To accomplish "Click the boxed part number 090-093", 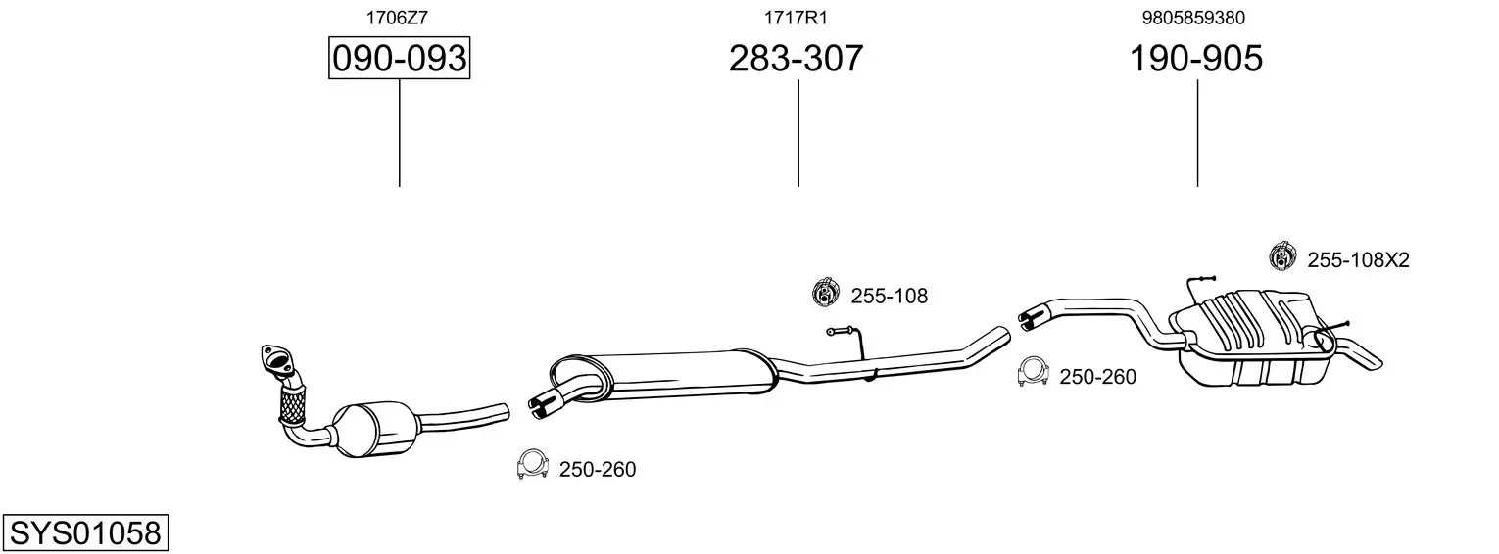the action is click(399, 58).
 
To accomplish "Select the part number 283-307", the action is click(796, 58).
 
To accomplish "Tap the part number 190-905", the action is click(1196, 58).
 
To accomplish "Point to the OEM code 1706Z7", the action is click(397, 18).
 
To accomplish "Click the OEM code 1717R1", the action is click(796, 18).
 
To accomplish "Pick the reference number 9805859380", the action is click(1194, 18).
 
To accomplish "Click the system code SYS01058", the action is click(85, 533).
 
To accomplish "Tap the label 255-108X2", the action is click(1358, 260).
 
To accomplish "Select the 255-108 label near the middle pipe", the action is click(890, 296).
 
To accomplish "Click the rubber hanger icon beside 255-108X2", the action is click(1282, 257).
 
